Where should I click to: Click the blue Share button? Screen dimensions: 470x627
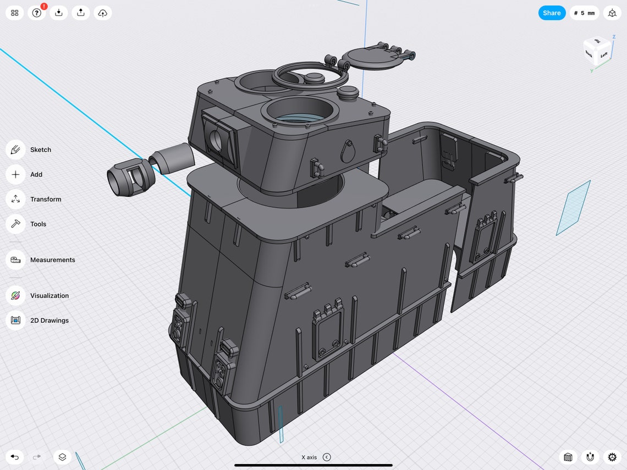[552, 13]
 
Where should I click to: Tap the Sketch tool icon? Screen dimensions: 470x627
[15, 150]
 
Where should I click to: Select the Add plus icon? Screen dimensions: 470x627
[15, 174]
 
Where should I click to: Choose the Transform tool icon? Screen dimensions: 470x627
[15, 199]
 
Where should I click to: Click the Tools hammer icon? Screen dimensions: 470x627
[15, 224]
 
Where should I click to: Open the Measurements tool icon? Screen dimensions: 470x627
[15, 259]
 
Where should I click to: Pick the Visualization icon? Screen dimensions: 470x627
[15, 295]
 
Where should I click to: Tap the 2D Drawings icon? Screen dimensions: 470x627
[15, 320]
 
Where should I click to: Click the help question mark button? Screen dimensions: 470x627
[37, 13]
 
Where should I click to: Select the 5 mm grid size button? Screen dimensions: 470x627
[584, 13]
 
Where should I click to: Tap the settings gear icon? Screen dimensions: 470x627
[612, 457]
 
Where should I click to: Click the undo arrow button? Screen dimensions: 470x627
[15, 457]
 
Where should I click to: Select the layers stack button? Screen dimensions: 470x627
[62, 457]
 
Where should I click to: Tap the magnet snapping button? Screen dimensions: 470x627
[590, 457]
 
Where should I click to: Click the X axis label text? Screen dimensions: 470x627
[309, 457]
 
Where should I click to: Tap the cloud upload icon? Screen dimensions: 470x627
[103, 13]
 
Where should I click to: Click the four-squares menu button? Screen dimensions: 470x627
[15, 13]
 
